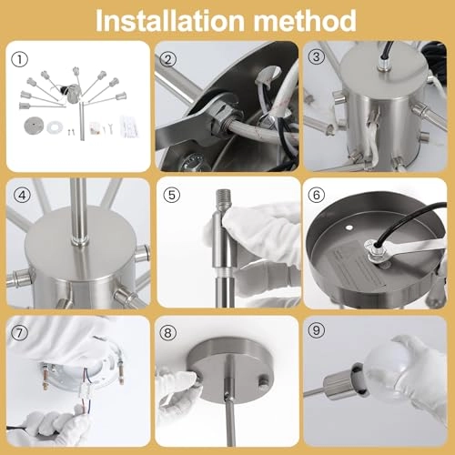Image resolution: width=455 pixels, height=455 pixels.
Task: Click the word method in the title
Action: coord(305,21)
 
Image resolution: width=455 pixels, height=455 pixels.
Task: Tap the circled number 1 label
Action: coord(20,59)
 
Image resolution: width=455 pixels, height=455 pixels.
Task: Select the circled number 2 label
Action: coord(167,59)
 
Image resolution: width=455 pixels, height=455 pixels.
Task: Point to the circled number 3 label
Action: coord(316,56)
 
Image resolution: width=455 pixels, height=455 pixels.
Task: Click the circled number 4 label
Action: coord(22,196)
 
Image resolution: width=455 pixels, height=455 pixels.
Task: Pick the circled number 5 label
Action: coord(172,195)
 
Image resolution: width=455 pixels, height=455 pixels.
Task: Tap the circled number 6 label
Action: coord(317,195)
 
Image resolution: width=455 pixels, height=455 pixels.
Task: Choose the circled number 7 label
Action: coord(19,333)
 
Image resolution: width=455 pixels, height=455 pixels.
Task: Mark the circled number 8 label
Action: coord(167,333)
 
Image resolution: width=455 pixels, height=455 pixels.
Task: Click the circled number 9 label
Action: coord(316,330)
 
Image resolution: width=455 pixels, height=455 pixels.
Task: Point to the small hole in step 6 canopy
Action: coord(349,227)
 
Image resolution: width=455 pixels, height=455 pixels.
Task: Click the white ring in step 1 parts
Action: coord(55,126)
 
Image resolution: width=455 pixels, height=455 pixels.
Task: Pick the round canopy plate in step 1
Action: coord(33,126)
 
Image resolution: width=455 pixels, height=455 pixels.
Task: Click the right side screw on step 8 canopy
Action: coord(263,381)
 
